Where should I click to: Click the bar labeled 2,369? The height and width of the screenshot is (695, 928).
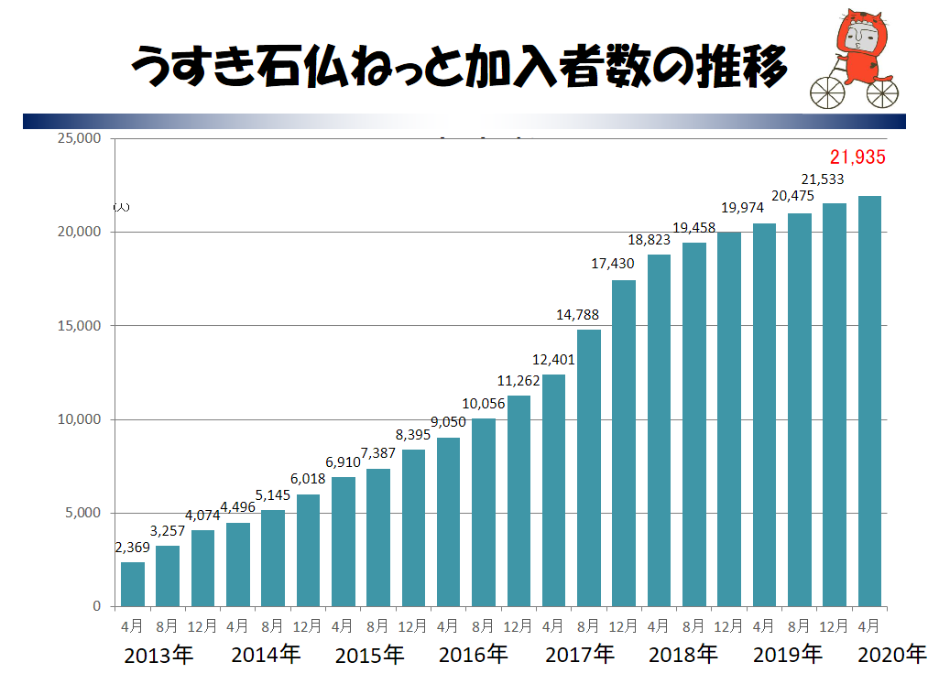[x=133, y=583]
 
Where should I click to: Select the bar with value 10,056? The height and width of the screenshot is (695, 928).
[x=484, y=512]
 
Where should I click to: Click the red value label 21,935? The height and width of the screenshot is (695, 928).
[x=857, y=157]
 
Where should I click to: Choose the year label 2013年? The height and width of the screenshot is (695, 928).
[x=158, y=656]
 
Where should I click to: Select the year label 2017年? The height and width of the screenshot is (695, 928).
[x=580, y=656]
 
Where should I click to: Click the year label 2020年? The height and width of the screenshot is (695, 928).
[x=891, y=656]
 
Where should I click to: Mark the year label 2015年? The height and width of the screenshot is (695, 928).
[x=369, y=656]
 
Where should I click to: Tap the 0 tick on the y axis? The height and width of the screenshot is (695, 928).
[x=96, y=606]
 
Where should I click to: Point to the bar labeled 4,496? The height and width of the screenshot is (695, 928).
[x=238, y=564]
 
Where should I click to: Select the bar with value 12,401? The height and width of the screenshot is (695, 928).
[x=553, y=490]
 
